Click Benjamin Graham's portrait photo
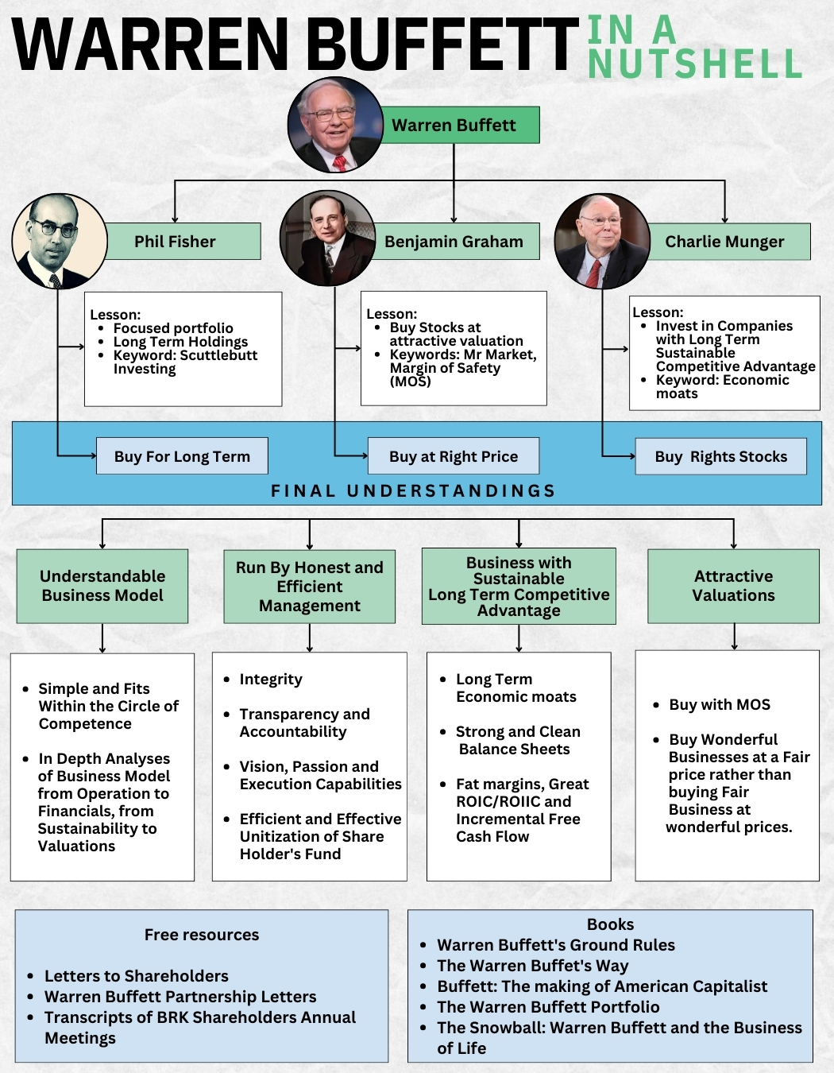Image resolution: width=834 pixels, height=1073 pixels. point(327,238)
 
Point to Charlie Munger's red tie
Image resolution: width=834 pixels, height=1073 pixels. point(593,272)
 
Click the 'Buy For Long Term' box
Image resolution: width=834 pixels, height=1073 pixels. point(182,456)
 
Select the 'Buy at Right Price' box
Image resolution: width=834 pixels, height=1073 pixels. point(454,456)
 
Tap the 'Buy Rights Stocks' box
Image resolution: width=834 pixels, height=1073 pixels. point(720,456)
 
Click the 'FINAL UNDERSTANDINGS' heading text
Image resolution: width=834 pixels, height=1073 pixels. point(413,490)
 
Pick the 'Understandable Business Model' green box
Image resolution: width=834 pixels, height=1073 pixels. point(102,586)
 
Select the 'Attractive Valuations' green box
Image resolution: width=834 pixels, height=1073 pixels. point(733,586)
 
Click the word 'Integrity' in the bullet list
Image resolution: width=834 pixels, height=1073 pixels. point(271,680)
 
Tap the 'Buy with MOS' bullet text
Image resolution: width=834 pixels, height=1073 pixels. point(720,705)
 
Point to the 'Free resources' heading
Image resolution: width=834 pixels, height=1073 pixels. point(202,935)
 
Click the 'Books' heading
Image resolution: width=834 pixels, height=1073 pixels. point(610,924)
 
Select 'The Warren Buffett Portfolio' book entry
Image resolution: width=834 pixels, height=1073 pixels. point(548,1007)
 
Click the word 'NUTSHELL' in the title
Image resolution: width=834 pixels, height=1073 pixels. point(695,64)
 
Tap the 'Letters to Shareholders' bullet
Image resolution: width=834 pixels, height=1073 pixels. point(136,976)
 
